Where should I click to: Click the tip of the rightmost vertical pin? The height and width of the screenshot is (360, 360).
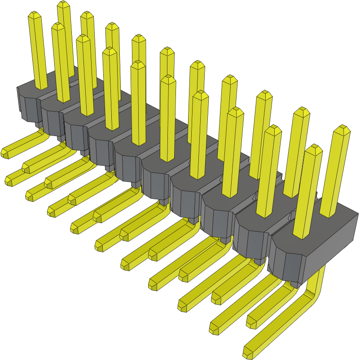[x=342, y=130]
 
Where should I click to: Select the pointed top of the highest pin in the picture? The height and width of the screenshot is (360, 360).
[x=64, y=5]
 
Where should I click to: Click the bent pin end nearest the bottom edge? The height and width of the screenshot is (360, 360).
[x=248, y=351]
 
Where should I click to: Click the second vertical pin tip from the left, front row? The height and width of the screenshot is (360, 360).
[x=58, y=27]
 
